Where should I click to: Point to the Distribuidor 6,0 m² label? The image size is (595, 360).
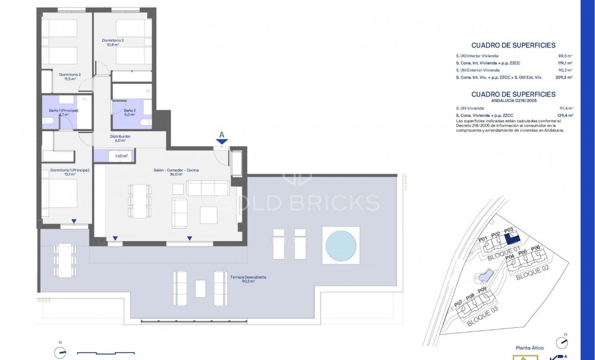pyautogui.click(x=120, y=138)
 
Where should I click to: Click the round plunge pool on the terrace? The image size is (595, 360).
pyautogui.click(x=341, y=245)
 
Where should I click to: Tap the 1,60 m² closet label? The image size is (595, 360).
pyautogui.click(x=121, y=156)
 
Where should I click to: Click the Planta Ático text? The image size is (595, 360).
pyautogui.click(x=530, y=349)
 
